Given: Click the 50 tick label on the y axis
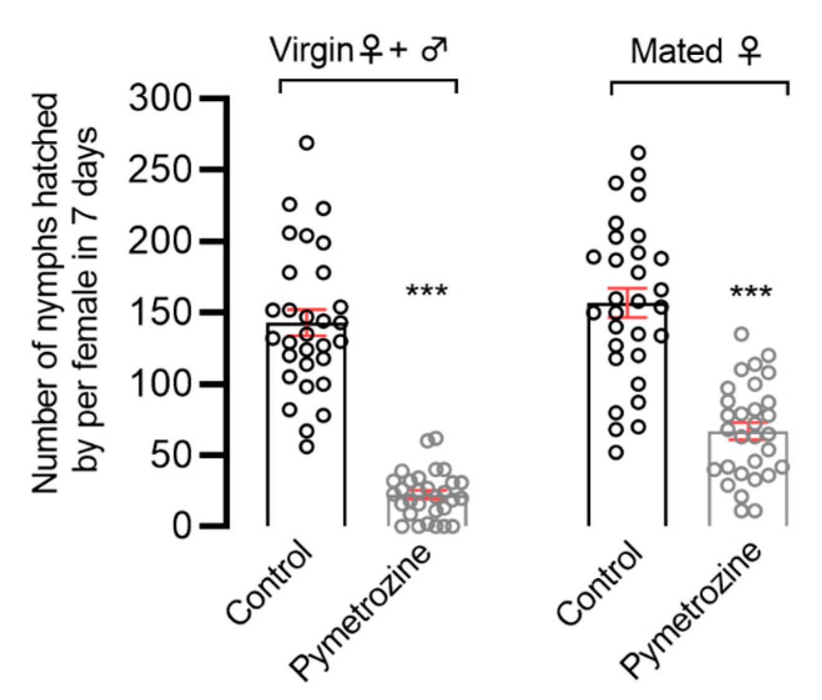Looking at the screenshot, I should tap(170, 455).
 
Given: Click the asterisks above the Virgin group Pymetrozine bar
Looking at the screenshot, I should tap(427, 291).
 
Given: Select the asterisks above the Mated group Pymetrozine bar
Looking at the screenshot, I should tap(750, 292).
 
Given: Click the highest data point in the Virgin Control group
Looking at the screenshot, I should tap(306, 143).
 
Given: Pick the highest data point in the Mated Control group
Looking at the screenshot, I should tap(639, 152).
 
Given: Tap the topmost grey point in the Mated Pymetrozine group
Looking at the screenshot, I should tap(741, 334).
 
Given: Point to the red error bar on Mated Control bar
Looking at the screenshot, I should tap(627, 303).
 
